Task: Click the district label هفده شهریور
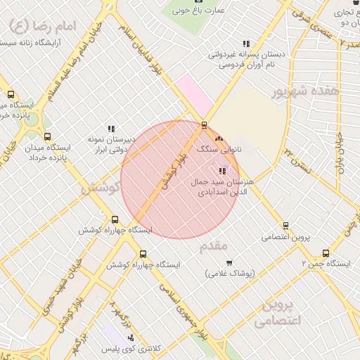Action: [x=307, y=91]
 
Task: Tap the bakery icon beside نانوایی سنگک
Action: [x=219, y=139]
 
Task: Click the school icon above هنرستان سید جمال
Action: [x=222, y=171]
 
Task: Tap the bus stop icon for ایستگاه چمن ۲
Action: [x=326, y=253]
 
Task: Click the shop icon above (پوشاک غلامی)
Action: [x=229, y=263]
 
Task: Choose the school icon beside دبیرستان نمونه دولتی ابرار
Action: [x=111, y=129]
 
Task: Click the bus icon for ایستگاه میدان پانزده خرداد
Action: [x=47, y=136]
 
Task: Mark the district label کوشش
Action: [x=98, y=188]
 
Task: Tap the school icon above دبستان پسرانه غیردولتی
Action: [x=245, y=44]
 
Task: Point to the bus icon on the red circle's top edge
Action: [x=205, y=125]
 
